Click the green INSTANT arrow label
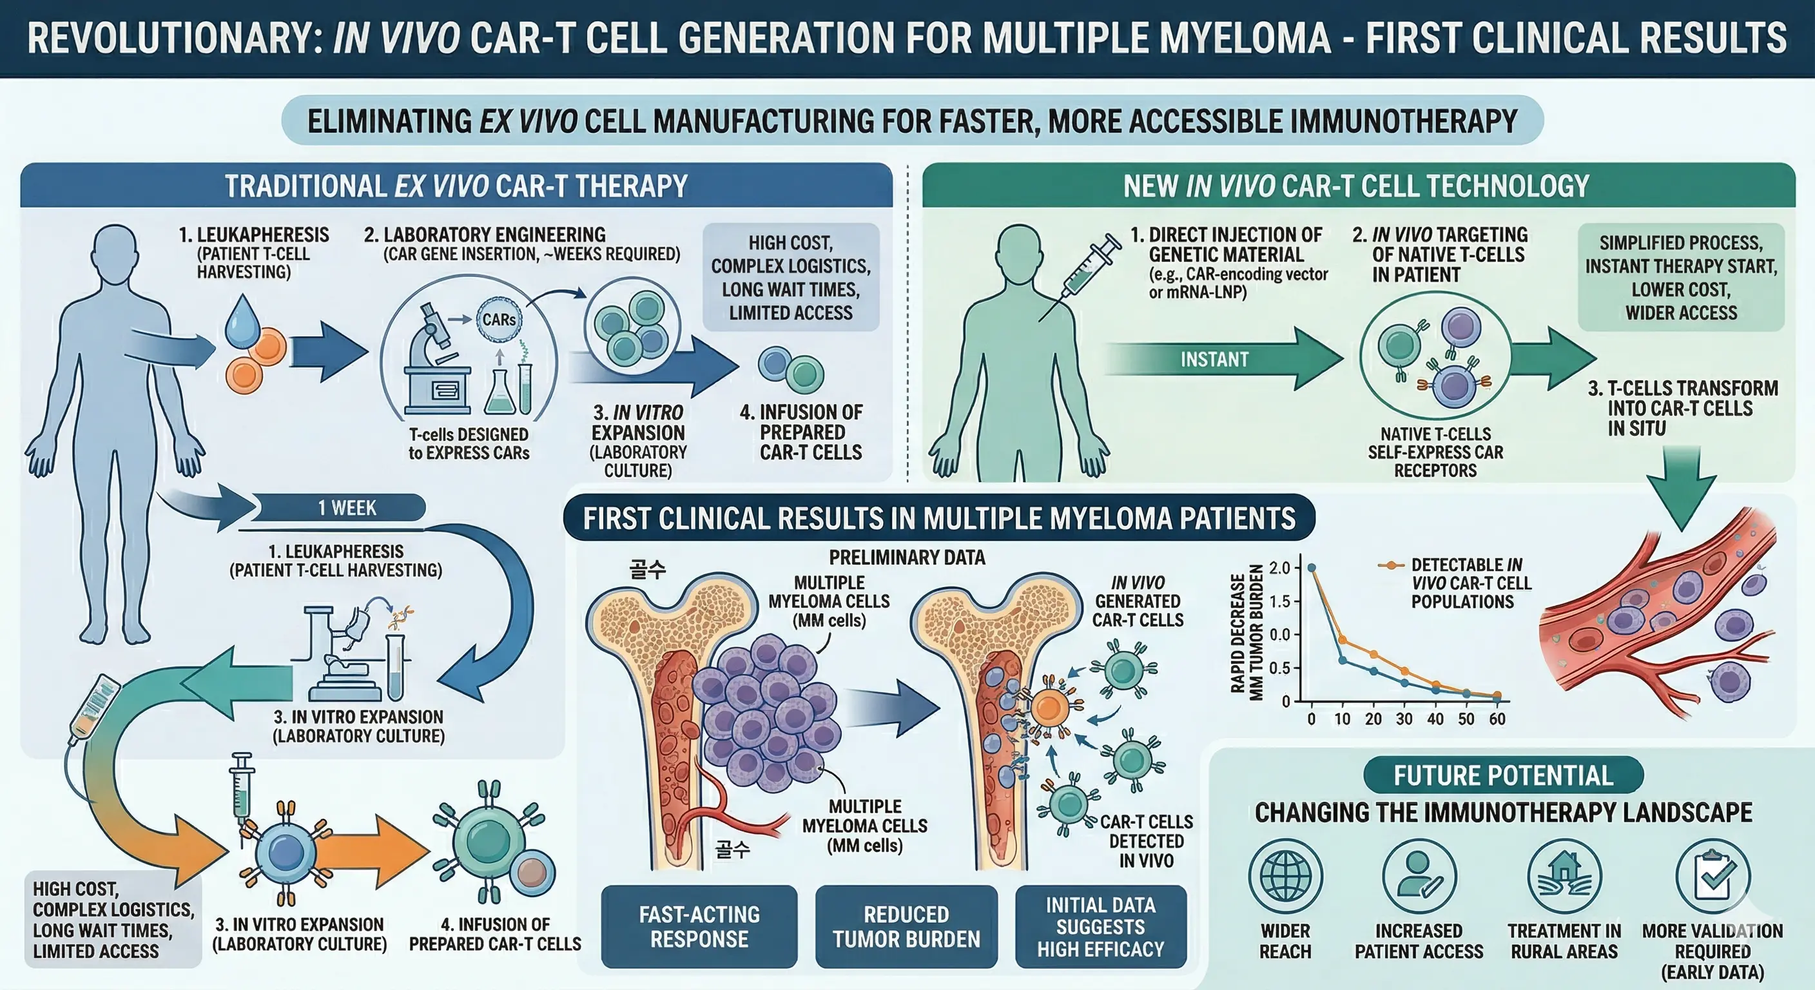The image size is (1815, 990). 1214,360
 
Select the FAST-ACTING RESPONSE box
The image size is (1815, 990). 699,927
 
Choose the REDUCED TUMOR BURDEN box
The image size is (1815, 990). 906,927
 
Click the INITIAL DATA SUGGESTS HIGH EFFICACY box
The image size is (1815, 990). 1101,927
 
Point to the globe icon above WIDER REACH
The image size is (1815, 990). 1285,876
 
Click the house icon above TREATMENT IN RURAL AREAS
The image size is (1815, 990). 1564,876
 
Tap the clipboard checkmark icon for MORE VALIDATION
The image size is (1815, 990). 1713,876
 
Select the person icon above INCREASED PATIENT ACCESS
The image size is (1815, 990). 1419,876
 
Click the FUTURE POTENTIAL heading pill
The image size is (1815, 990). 1504,775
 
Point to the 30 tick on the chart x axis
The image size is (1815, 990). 1404,719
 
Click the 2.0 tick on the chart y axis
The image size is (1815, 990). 1279,568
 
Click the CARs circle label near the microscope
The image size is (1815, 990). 499,319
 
